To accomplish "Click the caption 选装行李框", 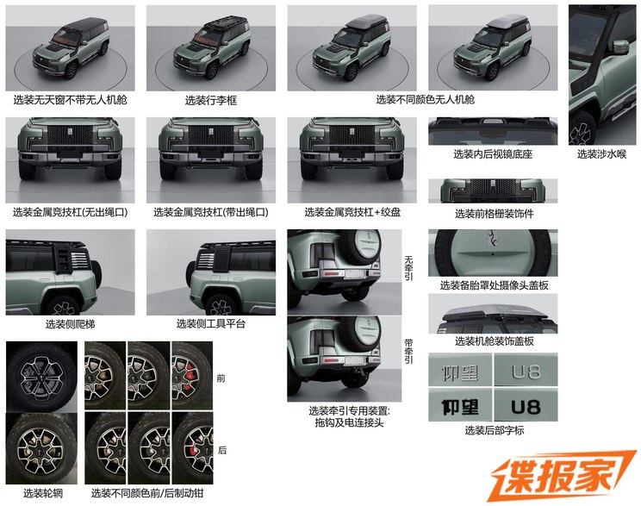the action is [x=211, y=100].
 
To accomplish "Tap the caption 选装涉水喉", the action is [x=601, y=154].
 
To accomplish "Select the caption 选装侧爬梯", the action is [x=71, y=324].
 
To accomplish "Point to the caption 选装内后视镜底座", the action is [x=493, y=154].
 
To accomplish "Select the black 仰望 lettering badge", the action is [x=460, y=407].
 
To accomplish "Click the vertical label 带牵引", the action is [x=408, y=351].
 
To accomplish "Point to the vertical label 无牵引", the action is [x=408, y=268].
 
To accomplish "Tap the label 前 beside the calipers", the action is [x=221, y=378].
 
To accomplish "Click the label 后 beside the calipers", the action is [x=222, y=450].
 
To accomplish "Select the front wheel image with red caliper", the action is [x=192, y=377].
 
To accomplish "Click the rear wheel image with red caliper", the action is [x=192, y=448].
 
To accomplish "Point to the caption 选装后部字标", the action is [x=495, y=430].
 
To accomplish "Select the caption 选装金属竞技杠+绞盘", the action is [x=352, y=212].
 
